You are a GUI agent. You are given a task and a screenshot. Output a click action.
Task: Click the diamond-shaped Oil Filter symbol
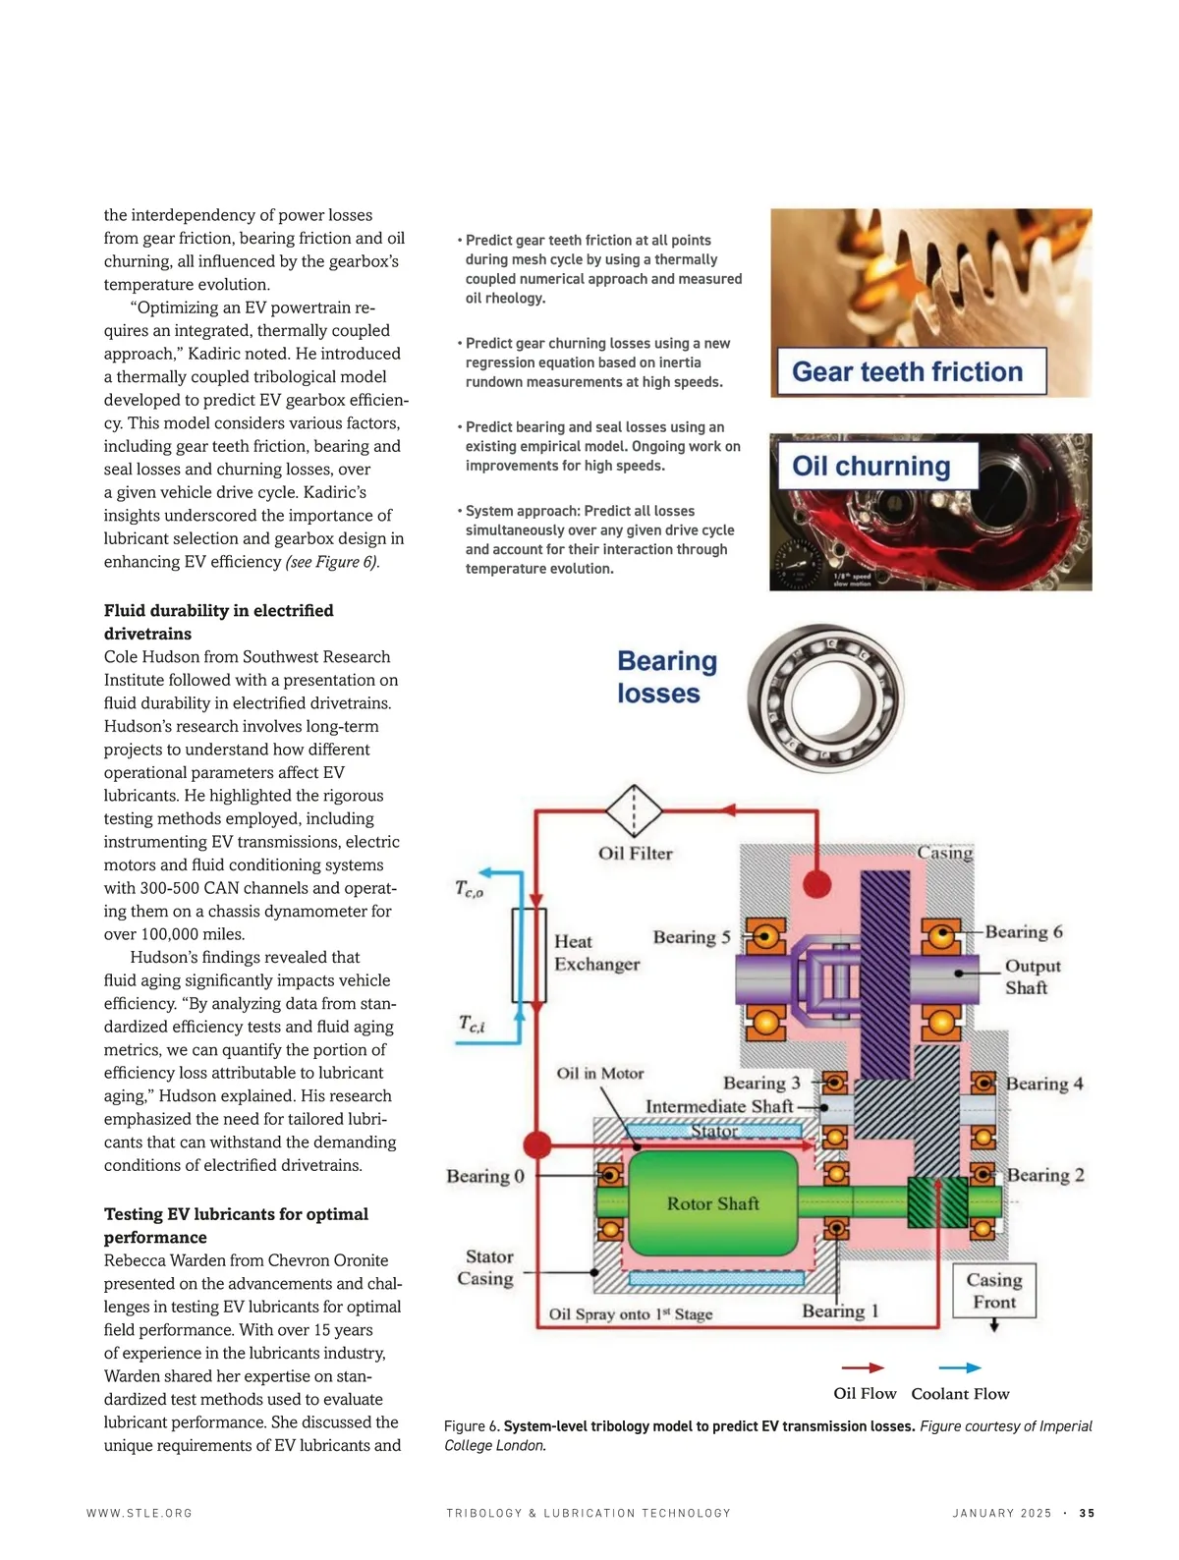634,810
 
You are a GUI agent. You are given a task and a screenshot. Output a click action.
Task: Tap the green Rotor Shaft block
712,1203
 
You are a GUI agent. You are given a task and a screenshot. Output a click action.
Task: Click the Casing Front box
994,1291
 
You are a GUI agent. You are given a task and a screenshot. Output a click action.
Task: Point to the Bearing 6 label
1024,931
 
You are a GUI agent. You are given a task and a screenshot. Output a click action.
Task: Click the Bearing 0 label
485,1176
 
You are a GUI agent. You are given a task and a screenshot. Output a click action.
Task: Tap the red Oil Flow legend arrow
863,1367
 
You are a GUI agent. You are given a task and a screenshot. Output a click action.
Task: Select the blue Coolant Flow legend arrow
960,1367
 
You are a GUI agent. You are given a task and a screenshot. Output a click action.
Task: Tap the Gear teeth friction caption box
908,371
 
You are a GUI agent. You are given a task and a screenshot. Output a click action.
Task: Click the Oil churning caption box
871,466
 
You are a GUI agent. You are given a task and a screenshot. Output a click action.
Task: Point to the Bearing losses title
666,677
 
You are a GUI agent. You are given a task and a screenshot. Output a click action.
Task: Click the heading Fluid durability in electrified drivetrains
218,622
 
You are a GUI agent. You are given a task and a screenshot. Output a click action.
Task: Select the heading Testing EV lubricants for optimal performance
236,1225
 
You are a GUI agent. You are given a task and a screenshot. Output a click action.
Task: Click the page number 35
1087,1513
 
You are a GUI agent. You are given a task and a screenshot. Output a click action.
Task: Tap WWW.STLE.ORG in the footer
140,1513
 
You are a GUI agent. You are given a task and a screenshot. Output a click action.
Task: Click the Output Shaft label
1032,976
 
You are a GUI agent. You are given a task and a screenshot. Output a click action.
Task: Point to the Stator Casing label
488,1267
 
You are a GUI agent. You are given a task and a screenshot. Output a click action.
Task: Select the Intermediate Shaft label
718,1106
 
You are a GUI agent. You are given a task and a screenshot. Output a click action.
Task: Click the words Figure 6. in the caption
472,1425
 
